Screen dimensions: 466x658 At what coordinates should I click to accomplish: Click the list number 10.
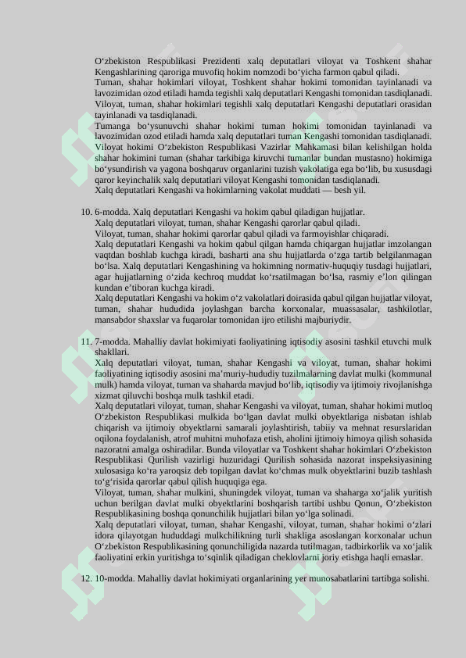(x=86, y=212)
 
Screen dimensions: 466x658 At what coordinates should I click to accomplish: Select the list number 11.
(x=86, y=342)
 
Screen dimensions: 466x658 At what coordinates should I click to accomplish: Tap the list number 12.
(x=86, y=578)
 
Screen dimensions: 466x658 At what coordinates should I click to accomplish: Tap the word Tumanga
(x=113, y=126)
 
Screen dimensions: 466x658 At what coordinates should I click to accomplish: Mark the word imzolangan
(x=405, y=244)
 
